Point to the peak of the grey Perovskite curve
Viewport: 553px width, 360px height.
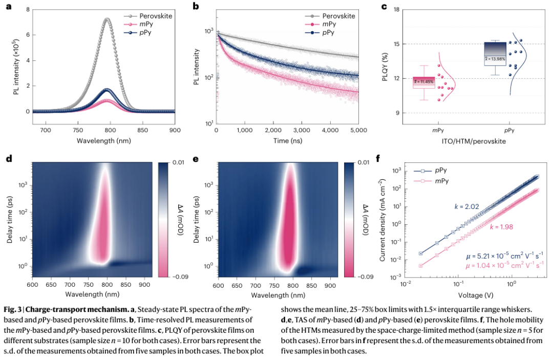point(107,19)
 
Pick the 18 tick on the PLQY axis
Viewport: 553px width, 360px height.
point(396,10)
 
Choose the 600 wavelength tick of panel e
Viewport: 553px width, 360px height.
point(218,284)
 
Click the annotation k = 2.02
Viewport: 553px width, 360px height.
point(465,206)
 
